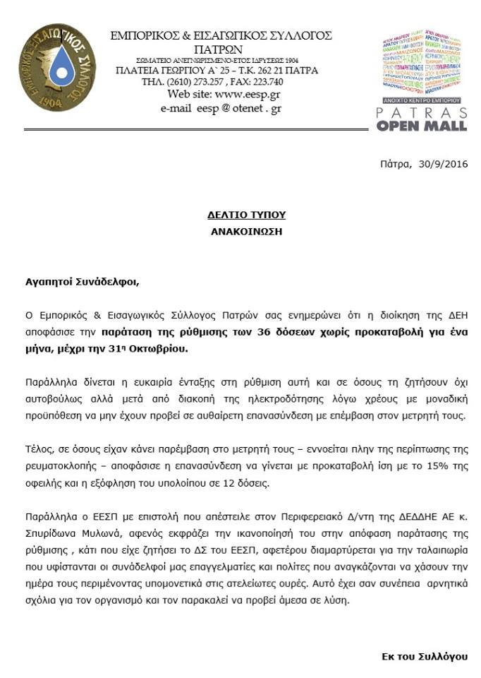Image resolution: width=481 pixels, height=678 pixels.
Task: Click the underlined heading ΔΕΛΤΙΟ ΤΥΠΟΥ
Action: point(246,215)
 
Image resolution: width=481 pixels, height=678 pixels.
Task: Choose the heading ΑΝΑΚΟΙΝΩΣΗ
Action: point(246,231)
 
